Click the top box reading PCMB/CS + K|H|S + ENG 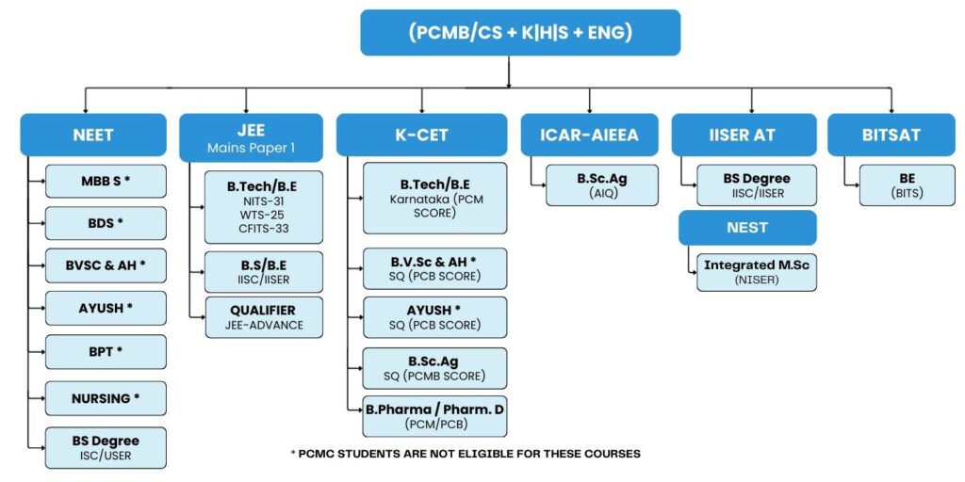pos(519,33)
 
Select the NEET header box pos(93,135)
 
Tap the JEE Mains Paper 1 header pos(252,137)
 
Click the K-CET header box pos(421,135)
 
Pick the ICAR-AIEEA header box pos(589,135)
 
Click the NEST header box pos(747,228)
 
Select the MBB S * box pos(106,179)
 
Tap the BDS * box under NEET pos(106,223)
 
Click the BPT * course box pos(106,351)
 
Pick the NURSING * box pos(106,398)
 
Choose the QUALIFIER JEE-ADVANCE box pos(263,317)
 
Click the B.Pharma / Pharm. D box pos(434,418)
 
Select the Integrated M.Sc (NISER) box pos(757,271)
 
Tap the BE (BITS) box pos(893,185)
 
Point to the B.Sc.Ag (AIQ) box pos(596,185)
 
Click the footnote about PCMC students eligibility pos(466,454)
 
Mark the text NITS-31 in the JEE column pos(263,201)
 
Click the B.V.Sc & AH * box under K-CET pos(434,268)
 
